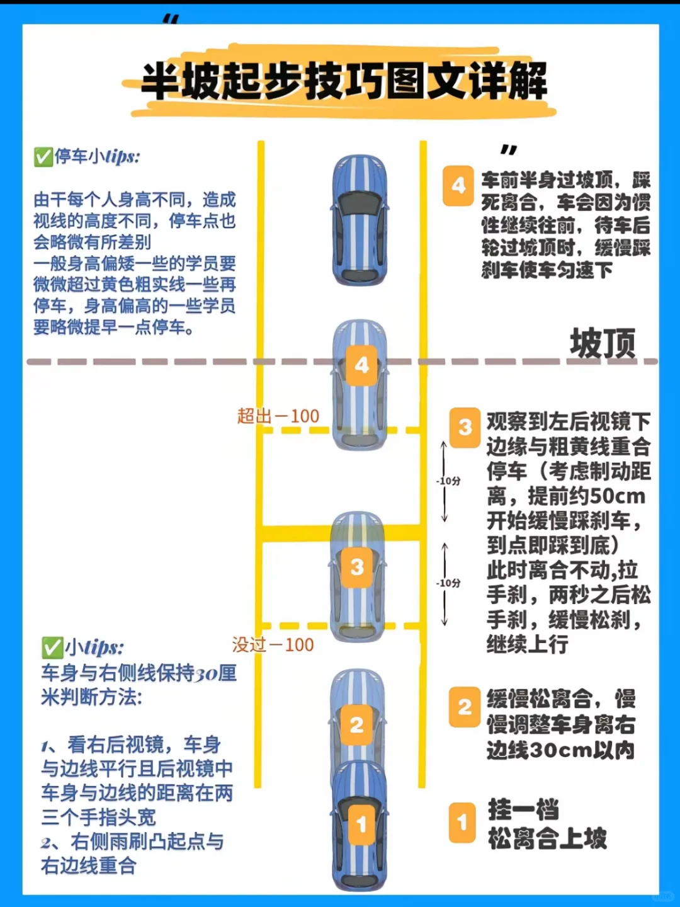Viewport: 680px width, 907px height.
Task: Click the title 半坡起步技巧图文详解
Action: coord(344,81)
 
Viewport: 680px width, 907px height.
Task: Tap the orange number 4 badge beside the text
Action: coord(458,186)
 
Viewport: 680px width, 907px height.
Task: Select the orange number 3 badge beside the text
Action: coord(465,428)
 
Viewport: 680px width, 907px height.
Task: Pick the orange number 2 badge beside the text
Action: coord(465,707)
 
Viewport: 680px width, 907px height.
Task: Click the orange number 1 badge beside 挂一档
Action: coord(462,822)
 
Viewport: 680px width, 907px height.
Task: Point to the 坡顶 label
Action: coord(603,344)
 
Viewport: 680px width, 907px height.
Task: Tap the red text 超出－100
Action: coord(278,416)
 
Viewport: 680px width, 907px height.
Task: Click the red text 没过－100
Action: coord(273,644)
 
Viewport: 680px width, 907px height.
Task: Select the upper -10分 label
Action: coord(448,481)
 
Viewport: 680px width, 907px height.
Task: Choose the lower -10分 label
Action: coord(448,583)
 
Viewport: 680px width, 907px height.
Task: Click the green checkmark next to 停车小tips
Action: coord(43,156)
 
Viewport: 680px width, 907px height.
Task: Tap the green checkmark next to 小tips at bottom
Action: coord(52,647)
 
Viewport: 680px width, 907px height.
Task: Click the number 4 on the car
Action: coord(361,365)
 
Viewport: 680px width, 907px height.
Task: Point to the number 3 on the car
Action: coord(357,568)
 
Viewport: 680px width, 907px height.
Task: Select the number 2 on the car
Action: coord(356,725)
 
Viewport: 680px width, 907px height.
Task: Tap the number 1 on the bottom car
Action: coord(361,824)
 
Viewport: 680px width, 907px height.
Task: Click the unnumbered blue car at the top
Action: coord(360,220)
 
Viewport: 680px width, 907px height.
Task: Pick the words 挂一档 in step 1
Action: coord(523,810)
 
